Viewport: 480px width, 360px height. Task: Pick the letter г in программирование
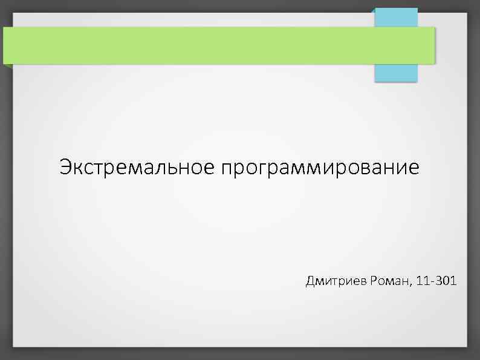point(261,169)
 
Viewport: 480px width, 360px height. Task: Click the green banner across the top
point(218,45)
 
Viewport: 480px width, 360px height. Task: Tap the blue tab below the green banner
point(396,73)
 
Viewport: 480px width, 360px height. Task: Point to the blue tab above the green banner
point(396,17)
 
